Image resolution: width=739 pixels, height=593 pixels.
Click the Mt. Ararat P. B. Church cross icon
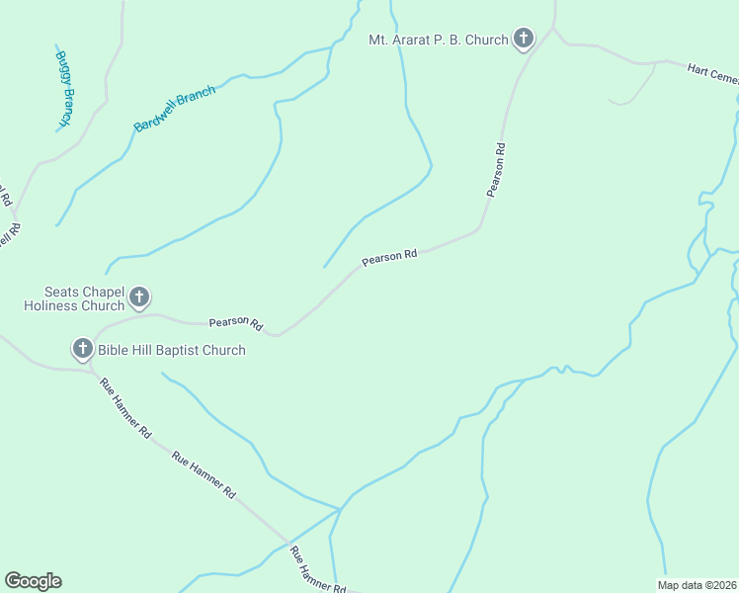click(524, 40)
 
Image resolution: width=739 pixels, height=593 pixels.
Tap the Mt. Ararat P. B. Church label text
click(438, 40)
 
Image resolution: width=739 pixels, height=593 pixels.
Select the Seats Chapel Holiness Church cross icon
click(140, 296)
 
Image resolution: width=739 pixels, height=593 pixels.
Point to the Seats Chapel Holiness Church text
click(84, 298)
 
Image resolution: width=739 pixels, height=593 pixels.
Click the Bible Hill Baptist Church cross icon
click(82, 349)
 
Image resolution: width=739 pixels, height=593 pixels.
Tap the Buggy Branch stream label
click(65, 88)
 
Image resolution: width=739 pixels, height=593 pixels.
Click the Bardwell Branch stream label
click(175, 110)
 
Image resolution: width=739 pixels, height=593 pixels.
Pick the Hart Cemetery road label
click(711, 75)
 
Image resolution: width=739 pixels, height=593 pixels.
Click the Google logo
click(33, 581)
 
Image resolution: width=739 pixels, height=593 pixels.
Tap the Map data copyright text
click(696, 584)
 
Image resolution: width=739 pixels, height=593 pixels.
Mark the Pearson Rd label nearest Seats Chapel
click(236, 323)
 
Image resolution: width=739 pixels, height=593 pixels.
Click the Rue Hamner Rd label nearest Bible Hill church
click(125, 407)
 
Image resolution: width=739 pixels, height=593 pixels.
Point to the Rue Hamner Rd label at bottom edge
click(319, 572)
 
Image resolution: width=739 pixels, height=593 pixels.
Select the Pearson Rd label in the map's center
click(389, 257)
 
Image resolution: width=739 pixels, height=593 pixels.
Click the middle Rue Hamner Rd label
click(205, 474)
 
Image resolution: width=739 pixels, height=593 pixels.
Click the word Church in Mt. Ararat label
click(487, 40)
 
